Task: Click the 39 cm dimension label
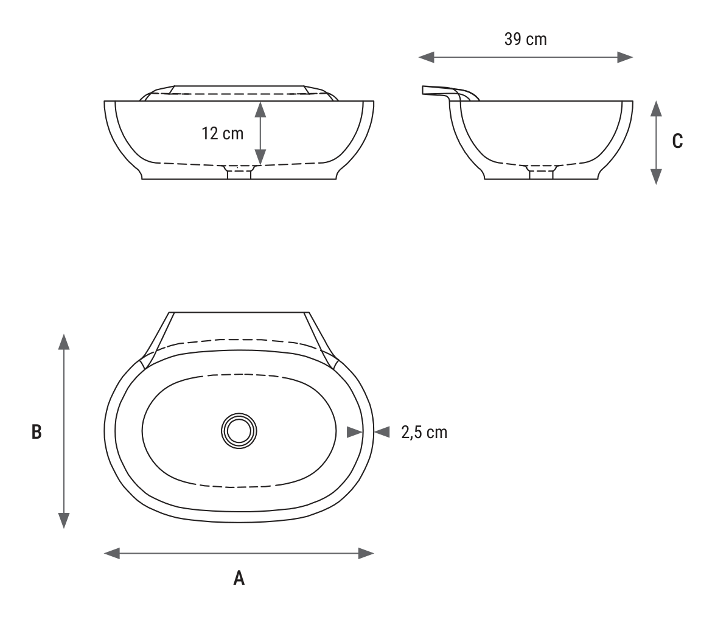(x=525, y=39)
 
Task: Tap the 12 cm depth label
(x=223, y=134)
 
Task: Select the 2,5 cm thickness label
(x=424, y=432)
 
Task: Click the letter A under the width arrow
(x=239, y=578)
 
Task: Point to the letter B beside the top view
(x=37, y=432)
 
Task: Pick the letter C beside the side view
(x=678, y=141)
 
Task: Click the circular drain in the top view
(x=239, y=431)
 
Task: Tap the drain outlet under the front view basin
(x=239, y=172)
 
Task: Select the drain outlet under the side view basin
(x=541, y=172)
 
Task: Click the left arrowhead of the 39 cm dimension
(x=427, y=57)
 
